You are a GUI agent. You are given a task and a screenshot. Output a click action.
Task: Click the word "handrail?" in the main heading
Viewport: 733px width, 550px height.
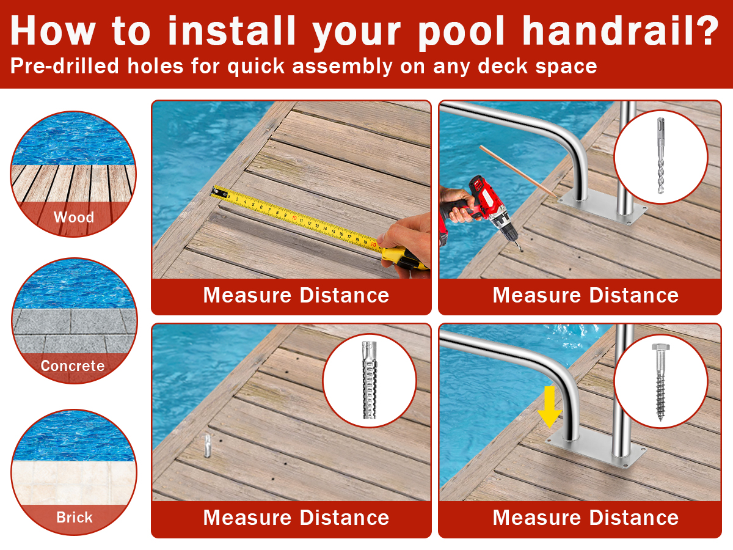(621, 31)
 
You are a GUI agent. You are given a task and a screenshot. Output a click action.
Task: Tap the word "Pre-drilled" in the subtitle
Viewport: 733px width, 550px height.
(65, 66)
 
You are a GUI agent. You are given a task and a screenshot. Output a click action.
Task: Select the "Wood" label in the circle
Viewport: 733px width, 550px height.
(74, 218)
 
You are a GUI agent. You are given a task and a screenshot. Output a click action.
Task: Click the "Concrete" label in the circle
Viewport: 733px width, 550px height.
(73, 366)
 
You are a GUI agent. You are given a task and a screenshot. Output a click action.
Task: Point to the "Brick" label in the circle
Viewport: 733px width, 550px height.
(74, 518)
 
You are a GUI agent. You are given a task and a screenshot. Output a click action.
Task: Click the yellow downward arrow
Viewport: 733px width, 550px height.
(549, 407)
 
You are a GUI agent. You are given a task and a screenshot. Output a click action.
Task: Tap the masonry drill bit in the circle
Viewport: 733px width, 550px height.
(660, 155)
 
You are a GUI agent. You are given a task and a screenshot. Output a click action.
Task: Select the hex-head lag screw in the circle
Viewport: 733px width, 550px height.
(660, 382)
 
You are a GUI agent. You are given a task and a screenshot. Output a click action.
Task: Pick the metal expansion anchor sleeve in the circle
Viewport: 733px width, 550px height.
(370, 380)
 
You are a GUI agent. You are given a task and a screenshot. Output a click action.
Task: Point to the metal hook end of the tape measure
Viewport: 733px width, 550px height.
(219, 193)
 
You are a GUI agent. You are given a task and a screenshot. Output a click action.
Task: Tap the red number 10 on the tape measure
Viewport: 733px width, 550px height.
(294, 218)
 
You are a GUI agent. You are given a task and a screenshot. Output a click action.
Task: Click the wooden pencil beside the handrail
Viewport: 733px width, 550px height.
(518, 172)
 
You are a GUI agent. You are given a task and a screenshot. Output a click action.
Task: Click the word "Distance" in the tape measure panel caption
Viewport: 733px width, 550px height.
(345, 295)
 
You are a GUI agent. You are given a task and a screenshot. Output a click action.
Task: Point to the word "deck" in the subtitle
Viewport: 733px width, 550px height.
(503, 66)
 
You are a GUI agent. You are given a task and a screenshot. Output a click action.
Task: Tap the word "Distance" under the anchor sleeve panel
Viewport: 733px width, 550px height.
(345, 518)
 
